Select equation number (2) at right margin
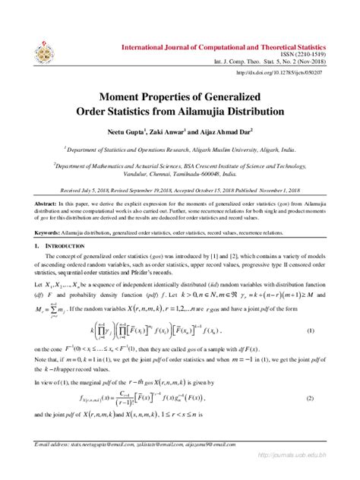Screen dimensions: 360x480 click(x=311, y=398)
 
